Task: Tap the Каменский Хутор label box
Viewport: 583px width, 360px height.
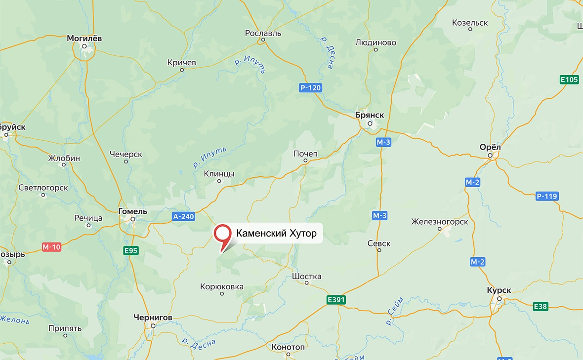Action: pyautogui.click(x=276, y=233)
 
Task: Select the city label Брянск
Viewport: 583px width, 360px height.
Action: pyautogui.click(x=369, y=115)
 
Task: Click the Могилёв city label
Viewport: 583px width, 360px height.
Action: pyautogui.click(x=84, y=38)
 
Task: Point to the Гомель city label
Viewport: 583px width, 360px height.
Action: pyautogui.click(x=133, y=211)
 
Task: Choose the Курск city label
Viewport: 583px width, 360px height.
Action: pyautogui.click(x=499, y=290)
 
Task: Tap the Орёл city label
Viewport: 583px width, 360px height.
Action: pyautogui.click(x=490, y=147)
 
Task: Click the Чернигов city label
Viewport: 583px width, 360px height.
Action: pyautogui.click(x=153, y=318)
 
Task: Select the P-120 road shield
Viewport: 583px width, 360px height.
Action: pyautogui.click(x=310, y=88)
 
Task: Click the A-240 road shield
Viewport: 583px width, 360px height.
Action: pyautogui.click(x=184, y=216)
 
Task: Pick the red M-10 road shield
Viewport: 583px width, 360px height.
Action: pyautogui.click(x=51, y=246)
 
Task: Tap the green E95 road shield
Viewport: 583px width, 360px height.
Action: pyautogui.click(x=131, y=251)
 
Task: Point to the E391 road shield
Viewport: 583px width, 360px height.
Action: pyautogui.click(x=336, y=300)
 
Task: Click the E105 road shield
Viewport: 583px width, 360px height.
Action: pyautogui.click(x=569, y=80)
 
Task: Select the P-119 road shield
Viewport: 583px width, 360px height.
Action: pyautogui.click(x=547, y=197)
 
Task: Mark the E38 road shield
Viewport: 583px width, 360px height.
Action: pyautogui.click(x=541, y=307)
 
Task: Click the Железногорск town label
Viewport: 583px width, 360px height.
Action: pyautogui.click(x=439, y=222)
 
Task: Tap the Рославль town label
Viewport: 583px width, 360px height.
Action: pyautogui.click(x=263, y=33)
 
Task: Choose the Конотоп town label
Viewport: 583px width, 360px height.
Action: pyautogui.click(x=288, y=347)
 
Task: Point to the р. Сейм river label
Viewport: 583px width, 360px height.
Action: pyautogui.click(x=395, y=311)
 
